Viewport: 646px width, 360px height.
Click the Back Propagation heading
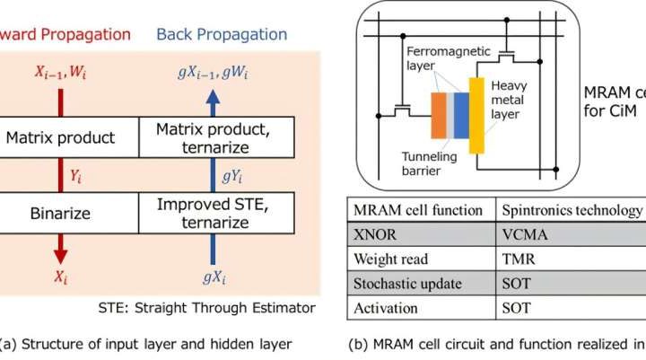coord(222,34)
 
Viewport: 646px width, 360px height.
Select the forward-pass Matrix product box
coord(68,139)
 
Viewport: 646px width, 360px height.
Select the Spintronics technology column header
coord(571,210)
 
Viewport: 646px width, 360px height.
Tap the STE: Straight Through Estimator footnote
coord(206,308)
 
